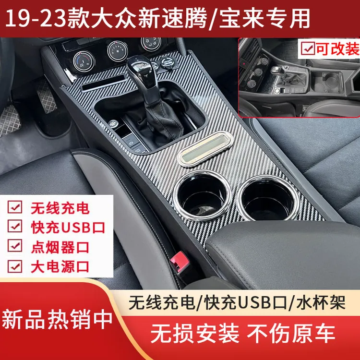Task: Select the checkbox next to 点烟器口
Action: (16, 247)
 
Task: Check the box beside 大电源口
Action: (16, 266)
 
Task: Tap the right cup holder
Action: (267, 197)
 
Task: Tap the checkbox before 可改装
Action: (307, 49)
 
